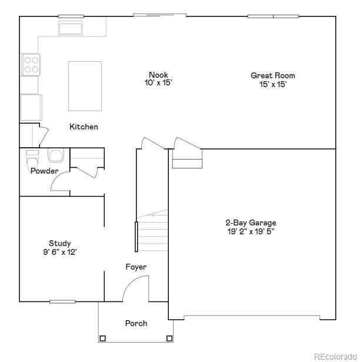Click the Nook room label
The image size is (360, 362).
158,75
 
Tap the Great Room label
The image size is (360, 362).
273,75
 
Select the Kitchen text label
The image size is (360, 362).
84,127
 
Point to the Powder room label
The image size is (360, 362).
44,171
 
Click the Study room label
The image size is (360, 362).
60,243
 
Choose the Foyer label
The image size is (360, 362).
136,267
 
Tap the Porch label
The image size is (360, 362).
136,323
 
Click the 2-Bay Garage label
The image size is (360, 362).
251,223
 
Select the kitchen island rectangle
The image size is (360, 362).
85,85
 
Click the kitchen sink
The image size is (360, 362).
71,28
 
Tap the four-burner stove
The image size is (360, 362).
31,64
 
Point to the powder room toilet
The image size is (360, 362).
32,158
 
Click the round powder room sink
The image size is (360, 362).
56,156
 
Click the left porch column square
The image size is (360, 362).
102,338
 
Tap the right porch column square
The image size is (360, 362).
169,338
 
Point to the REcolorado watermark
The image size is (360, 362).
334,356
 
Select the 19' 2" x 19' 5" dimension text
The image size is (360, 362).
251,231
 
